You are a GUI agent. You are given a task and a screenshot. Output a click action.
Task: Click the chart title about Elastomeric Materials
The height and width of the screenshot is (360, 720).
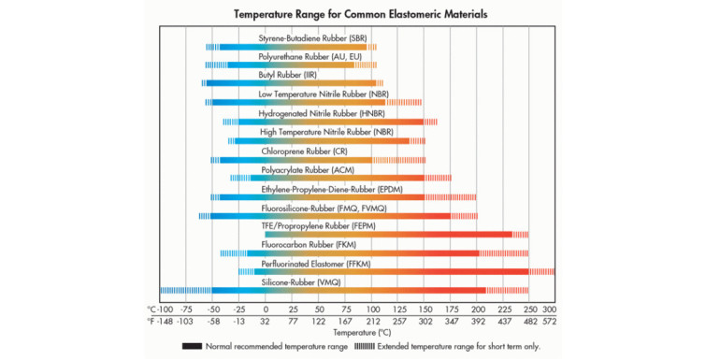click(359, 16)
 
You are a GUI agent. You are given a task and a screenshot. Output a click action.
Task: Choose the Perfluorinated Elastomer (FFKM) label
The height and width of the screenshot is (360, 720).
click(316, 264)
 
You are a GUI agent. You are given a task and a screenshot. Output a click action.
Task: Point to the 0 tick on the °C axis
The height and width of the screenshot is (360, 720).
click(266, 309)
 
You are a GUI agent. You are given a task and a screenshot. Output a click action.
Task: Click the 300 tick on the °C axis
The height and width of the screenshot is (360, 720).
click(549, 309)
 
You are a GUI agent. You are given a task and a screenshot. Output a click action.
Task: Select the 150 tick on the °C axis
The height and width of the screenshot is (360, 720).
click(425, 309)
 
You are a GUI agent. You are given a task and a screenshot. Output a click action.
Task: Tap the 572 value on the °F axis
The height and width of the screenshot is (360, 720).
click(549, 321)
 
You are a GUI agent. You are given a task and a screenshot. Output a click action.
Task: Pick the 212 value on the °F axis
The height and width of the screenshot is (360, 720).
click(372, 321)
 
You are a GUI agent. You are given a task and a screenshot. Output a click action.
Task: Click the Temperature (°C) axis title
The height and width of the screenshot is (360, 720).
click(359, 333)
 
